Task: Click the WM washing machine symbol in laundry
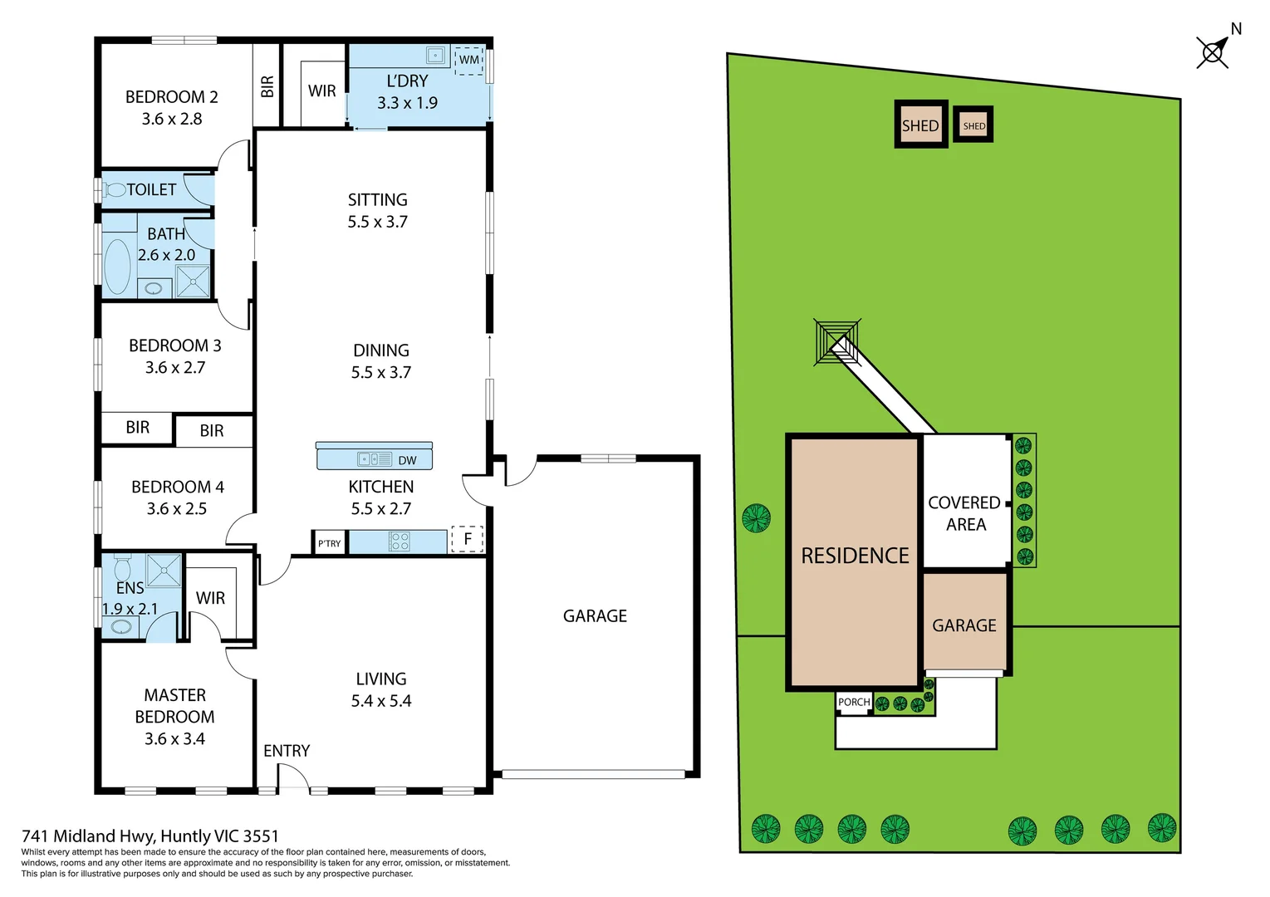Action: pos(469,60)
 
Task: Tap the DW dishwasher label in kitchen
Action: pos(407,460)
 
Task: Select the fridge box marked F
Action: pos(467,539)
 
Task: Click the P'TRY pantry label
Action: pos(329,543)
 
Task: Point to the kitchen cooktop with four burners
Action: pos(400,542)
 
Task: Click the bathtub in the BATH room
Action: pos(117,267)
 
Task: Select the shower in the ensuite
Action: pos(164,571)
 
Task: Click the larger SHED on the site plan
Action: pos(920,125)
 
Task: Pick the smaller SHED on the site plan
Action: pos(973,125)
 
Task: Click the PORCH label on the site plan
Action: pos(854,703)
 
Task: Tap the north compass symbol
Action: pos(1214,52)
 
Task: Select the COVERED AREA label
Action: pos(964,513)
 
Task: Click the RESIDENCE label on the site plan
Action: pos(855,556)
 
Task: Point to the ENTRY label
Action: pos(287,751)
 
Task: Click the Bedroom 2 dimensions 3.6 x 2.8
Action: pos(172,119)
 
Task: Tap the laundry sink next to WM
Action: pos(436,56)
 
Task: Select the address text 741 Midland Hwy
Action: pos(150,836)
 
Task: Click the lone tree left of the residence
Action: pos(756,518)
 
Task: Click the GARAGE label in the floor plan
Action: pos(595,616)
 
